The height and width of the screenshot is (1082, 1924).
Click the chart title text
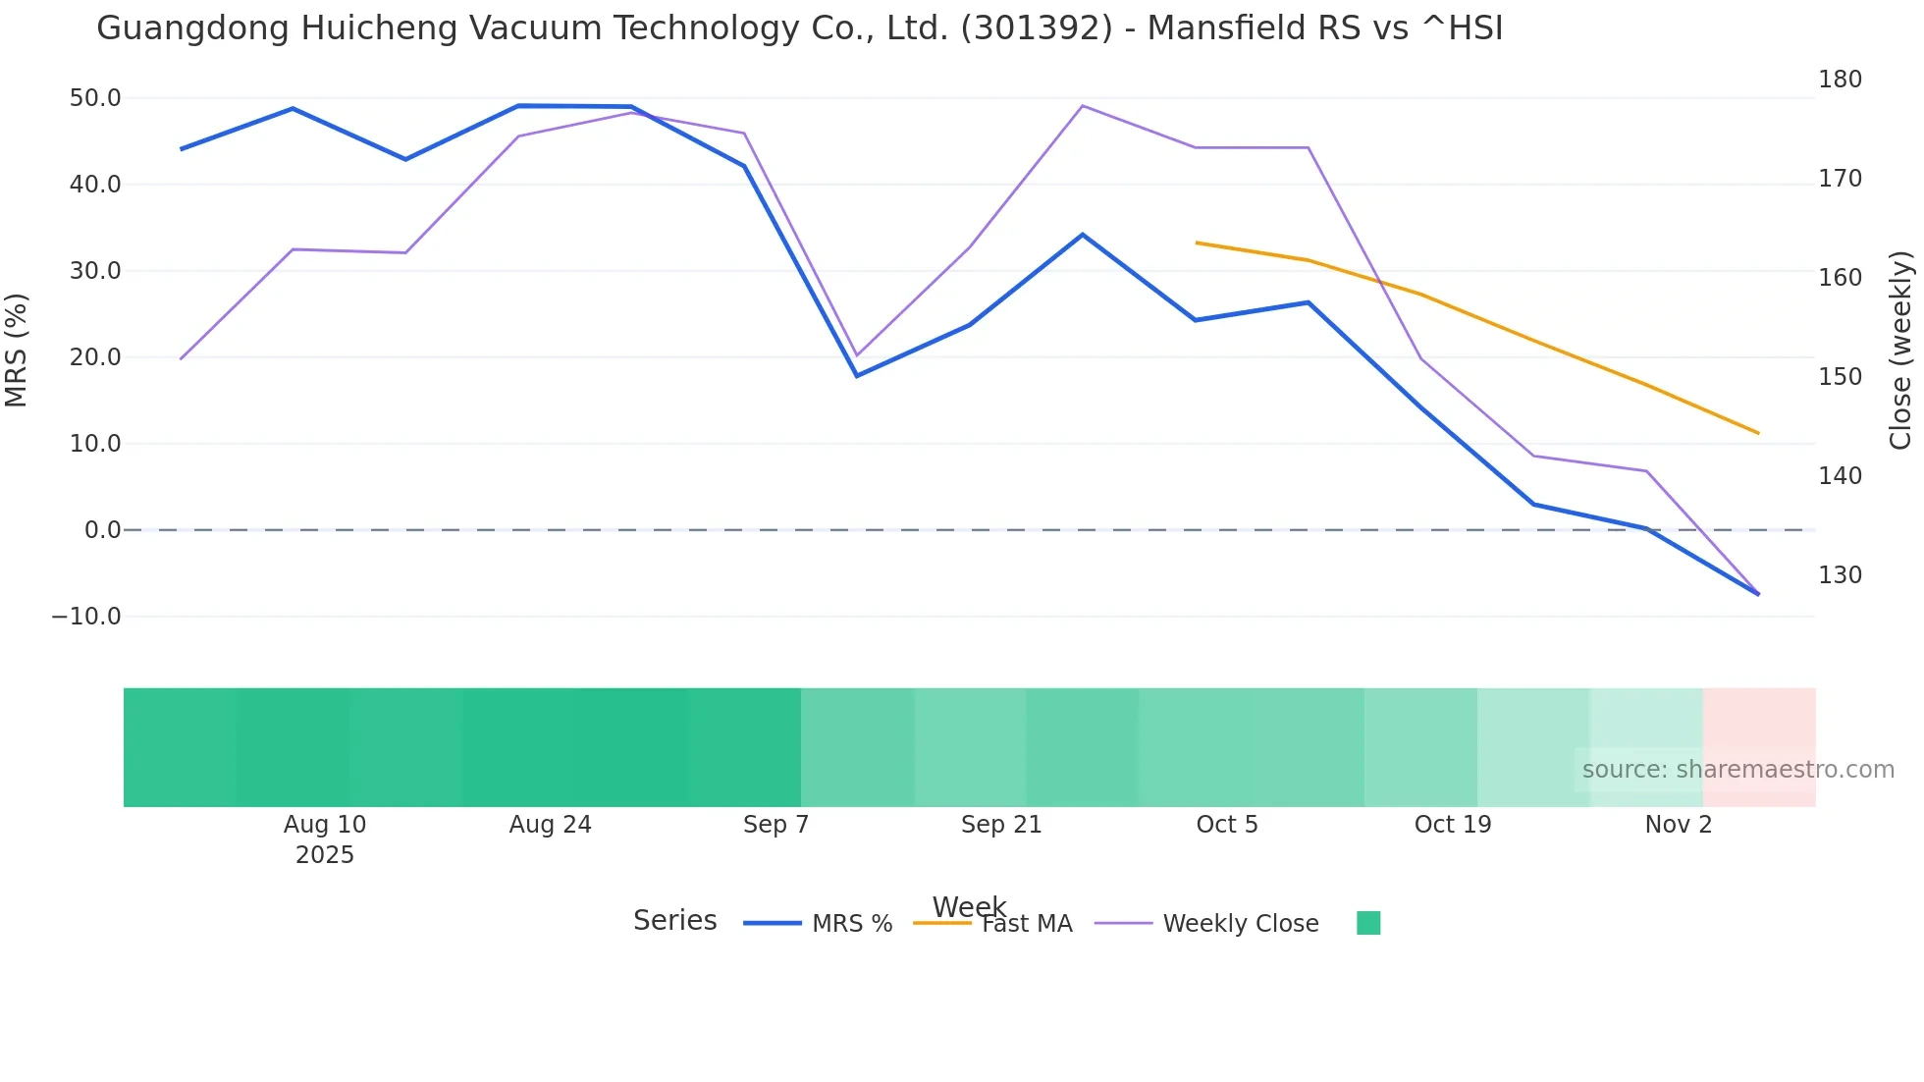pyautogui.click(x=799, y=28)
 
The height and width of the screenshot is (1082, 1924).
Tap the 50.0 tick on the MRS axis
pyautogui.click(x=95, y=98)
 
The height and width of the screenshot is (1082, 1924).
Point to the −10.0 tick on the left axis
pyautogui.click(x=86, y=617)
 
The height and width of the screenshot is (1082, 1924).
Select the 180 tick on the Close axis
pyautogui.click(x=1840, y=80)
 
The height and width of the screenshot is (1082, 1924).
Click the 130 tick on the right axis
pyautogui.click(x=1840, y=575)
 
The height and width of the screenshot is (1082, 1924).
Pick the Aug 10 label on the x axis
pyautogui.click(x=325, y=825)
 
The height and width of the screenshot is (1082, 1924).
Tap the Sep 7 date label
pyautogui.click(x=775, y=825)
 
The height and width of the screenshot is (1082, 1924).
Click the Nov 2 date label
pyautogui.click(x=1678, y=825)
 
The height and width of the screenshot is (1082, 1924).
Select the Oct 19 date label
pyautogui.click(x=1452, y=825)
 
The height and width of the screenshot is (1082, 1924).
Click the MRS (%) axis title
pyautogui.click(x=17, y=350)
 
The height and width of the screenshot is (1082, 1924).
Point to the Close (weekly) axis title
pyautogui.click(x=1901, y=351)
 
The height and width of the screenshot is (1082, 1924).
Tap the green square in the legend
pyautogui.click(x=1368, y=923)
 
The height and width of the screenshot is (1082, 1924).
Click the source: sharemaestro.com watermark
pyautogui.click(x=1737, y=770)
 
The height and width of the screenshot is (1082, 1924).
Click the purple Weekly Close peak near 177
pyautogui.click(x=1082, y=106)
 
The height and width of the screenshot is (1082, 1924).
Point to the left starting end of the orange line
pyautogui.click(x=1197, y=243)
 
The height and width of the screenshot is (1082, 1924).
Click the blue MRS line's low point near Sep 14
pyautogui.click(x=857, y=376)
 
